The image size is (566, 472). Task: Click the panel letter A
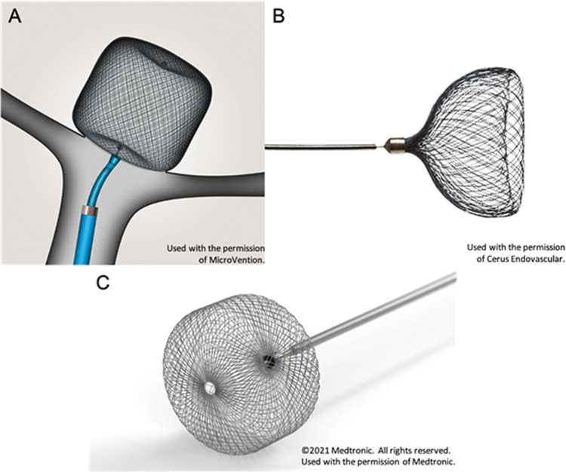15,17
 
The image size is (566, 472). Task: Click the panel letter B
278,17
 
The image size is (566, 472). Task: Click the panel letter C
103,283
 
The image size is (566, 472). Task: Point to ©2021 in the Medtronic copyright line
315,450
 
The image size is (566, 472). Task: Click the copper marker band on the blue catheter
90,210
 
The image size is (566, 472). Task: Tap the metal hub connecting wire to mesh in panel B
396,146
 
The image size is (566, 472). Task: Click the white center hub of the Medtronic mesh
209,388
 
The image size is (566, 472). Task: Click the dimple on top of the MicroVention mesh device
165,64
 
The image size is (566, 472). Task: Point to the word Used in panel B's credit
475,247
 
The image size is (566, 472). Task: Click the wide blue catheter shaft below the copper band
85,239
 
